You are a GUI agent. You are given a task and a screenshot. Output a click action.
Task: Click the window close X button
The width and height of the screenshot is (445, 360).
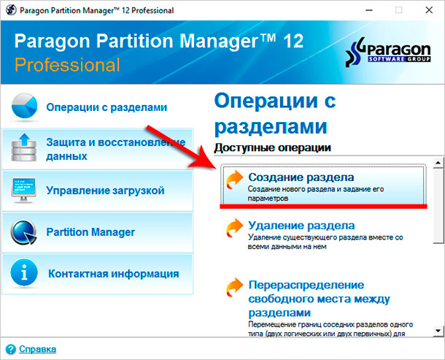[429, 10]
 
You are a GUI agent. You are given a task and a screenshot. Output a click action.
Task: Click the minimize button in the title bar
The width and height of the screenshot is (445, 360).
[369, 10]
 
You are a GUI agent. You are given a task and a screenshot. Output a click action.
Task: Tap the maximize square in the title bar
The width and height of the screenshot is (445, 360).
[399, 10]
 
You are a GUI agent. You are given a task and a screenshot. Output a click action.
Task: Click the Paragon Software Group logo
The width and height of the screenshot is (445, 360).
[388, 52]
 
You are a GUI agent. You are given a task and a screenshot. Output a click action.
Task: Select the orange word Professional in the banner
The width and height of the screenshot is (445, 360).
[67, 65]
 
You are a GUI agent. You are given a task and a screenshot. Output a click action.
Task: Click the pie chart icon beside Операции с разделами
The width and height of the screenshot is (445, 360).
[24, 107]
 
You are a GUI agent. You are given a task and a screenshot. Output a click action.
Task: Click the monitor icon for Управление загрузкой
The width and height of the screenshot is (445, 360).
[23, 190]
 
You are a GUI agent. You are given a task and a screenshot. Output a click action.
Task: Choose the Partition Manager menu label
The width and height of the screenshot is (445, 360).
[90, 232]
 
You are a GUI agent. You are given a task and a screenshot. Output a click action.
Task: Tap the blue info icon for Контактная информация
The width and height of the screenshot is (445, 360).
[24, 273]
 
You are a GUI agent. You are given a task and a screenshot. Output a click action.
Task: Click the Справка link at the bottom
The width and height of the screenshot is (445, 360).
[37, 349]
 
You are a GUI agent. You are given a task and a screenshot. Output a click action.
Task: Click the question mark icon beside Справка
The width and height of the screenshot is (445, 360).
[11, 349]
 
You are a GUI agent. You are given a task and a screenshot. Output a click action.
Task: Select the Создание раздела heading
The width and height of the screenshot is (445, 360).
[301, 177]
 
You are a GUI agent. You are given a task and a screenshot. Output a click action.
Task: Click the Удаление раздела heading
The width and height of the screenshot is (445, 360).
[301, 226]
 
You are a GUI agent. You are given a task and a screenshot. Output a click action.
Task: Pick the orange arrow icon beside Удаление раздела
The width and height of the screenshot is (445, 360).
[234, 228]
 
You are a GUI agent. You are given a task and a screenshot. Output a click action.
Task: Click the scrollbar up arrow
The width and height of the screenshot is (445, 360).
[438, 163]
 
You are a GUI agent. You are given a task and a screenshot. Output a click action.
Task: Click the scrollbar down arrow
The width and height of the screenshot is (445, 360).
[438, 331]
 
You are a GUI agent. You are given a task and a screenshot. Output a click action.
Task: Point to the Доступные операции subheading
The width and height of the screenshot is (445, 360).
[272, 148]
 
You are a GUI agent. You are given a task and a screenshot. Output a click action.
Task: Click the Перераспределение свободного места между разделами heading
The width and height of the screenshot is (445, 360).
[320, 299]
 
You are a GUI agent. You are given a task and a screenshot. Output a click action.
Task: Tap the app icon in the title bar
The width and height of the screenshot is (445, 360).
[11, 10]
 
